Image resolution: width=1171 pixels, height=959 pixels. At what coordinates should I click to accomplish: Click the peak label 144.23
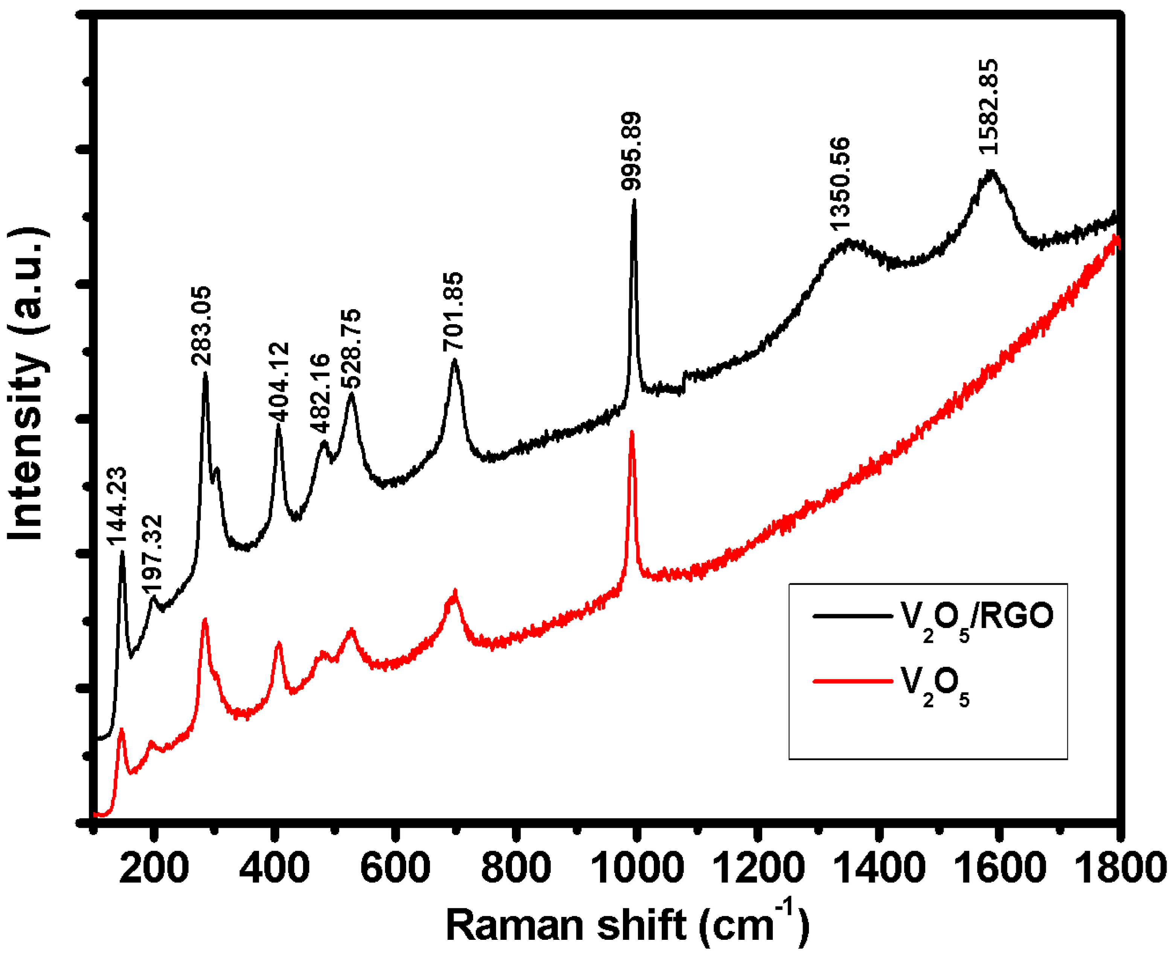pyautogui.click(x=117, y=505)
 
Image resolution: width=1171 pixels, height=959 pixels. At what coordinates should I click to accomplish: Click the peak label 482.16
pyautogui.click(x=320, y=393)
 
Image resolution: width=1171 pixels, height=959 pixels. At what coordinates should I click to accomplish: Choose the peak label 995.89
pyautogui.click(x=631, y=151)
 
